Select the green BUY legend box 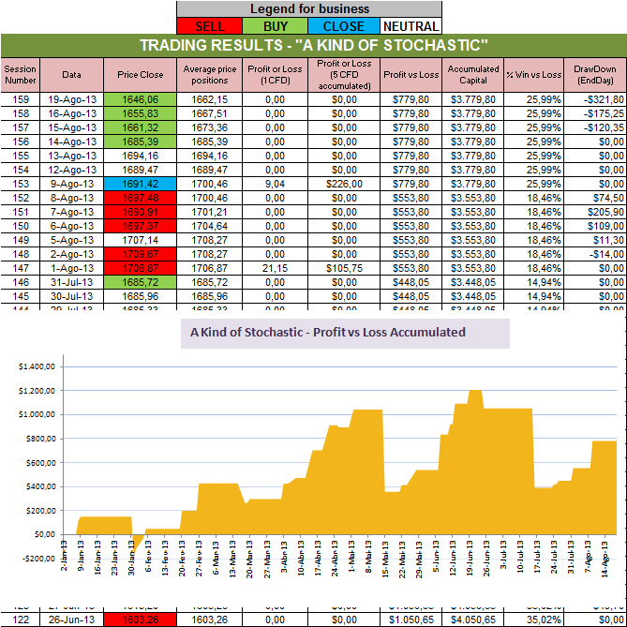pos(276,25)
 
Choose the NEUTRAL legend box pos(408,25)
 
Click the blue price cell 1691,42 pos(141,185)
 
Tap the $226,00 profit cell pos(344,185)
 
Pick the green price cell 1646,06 pos(141,98)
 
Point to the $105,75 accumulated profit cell pos(344,269)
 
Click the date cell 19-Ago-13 pos(72,98)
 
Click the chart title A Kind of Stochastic pos(327,333)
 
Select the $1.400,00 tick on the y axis pos(37,366)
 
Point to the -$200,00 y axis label pos(37,559)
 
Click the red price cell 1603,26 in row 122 pos(141,620)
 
